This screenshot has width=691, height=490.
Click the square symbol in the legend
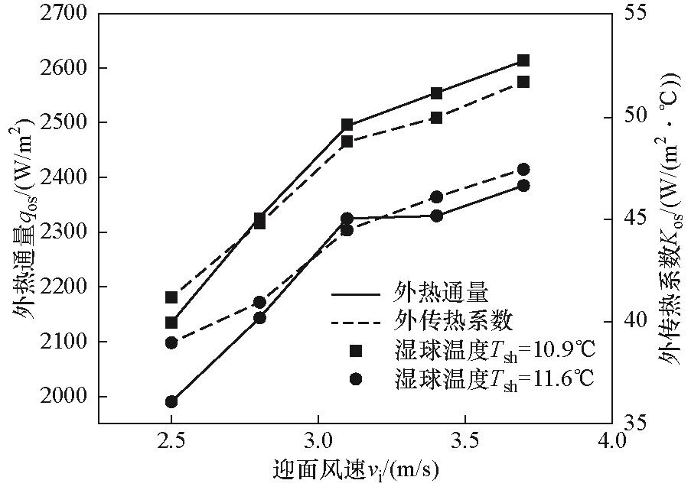355,350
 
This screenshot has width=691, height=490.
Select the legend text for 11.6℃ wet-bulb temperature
494,378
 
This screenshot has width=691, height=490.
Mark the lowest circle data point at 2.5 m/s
171,401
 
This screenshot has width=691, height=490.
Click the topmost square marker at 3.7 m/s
523,60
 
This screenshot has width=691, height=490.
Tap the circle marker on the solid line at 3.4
436,216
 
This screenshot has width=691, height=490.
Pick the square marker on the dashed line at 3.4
436,118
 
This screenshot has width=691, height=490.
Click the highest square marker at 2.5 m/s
171,297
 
